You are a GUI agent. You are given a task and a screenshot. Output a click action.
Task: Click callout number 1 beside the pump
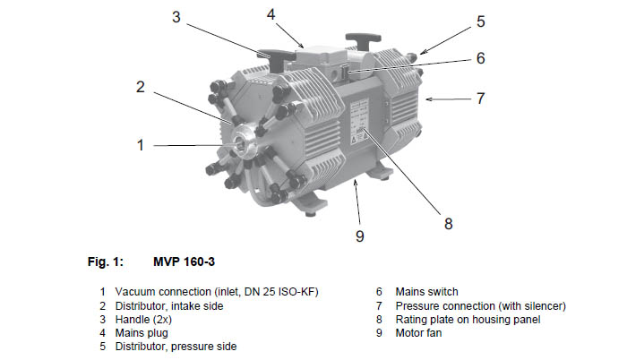click(x=140, y=145)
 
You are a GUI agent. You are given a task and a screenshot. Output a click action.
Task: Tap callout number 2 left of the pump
click(x=140, y=87)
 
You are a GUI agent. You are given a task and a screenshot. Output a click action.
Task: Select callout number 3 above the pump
click(x=176, y=17)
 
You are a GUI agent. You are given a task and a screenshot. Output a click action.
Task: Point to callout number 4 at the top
click(x=271, y=14)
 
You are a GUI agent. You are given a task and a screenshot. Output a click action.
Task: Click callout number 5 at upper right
click(x=481, y=21)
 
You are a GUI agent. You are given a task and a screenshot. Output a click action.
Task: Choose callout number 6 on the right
click(x=481, y=58)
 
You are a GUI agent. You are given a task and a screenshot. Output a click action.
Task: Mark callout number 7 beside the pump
click(x=481, y=99)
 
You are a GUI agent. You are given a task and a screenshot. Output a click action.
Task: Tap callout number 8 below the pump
click(x=448, y=224)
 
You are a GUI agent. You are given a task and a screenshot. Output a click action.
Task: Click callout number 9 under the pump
click(x=360, y=236)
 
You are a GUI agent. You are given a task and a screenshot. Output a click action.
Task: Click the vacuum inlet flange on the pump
click(x=241, y=142)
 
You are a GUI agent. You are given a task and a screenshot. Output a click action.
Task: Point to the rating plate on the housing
click(x=359, y=122)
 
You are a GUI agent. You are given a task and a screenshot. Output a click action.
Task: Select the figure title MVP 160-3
click(x=184, y=262)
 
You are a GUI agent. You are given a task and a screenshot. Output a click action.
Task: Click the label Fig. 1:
click(x=106, y=262)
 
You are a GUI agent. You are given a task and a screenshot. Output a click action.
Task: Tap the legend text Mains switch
click(x=426, y=292)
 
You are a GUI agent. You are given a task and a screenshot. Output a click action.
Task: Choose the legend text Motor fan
click(x=418, y=333)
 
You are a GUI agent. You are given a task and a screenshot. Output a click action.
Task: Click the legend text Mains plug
click(x=142, y=333)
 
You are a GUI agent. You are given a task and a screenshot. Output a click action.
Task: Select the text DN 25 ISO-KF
click(x=279, y=292)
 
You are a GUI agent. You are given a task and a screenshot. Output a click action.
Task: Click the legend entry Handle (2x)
click(x=143, y=320)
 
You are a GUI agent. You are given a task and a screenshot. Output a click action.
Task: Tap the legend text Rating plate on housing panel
click(x=468, y=320)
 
